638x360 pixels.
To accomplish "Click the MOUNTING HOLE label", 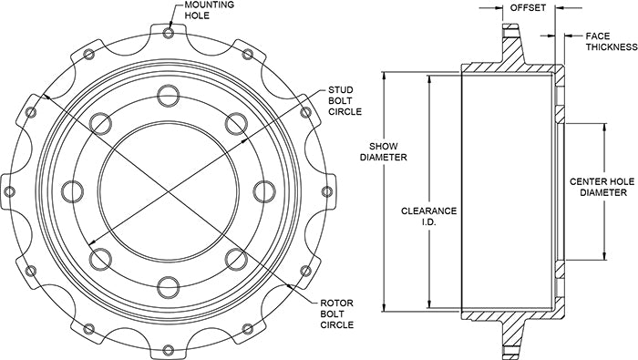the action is [x=209, y=10].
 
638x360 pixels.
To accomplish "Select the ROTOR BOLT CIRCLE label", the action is [x=336, y=314].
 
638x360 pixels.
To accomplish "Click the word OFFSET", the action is [x=528, y=7].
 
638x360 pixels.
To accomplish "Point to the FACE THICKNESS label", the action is [x=612, y=42].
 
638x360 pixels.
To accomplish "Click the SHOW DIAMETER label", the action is [x=384, y=151].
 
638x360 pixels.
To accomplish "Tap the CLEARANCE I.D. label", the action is [x=429, y=216].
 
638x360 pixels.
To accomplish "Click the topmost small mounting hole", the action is [x=169, y=33].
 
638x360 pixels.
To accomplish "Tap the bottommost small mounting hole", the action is [x=169, y=349].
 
